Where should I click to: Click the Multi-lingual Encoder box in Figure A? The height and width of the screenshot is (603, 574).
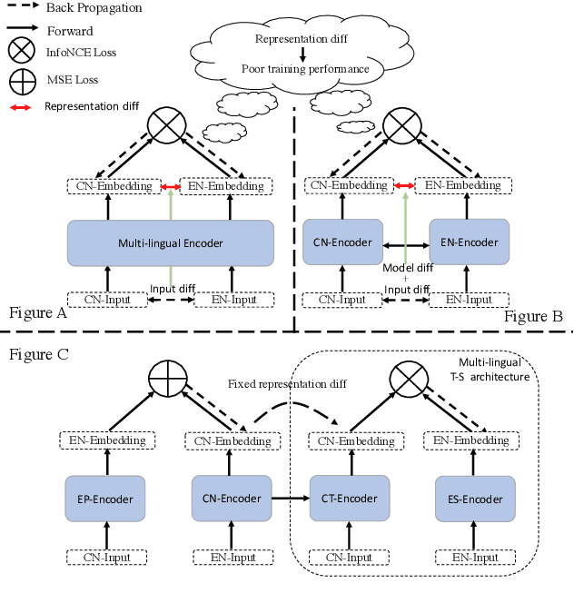(x=171, y=242)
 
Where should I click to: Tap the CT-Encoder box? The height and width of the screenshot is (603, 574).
(x=343, y=499)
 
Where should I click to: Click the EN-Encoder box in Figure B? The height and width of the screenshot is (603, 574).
(x=469, y=242)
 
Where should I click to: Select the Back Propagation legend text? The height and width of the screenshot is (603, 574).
(x=93, y=7)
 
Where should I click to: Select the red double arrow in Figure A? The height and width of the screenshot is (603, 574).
(x=170, y=186)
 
